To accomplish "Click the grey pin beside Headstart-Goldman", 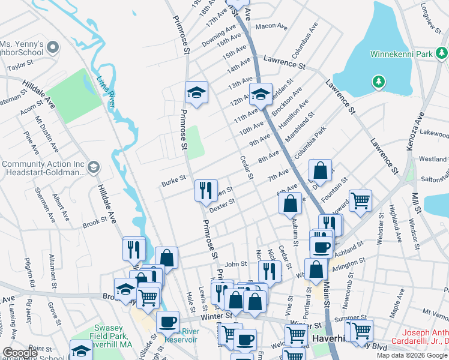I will pyautogui.click(x=93, y=168).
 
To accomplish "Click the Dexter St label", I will pyautogui.click(x=221, y=205).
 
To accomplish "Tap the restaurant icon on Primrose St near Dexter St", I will pyautogui.click(x=206, y=191).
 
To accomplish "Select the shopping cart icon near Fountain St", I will pyautogui.click(x=360, y=200).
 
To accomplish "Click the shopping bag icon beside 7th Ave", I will pyautogui.click(x=321, y=170).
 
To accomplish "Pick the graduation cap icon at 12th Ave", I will pyautogui.click(x=261, y=94).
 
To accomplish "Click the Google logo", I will pyautogui.click(x=20, y=353).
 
